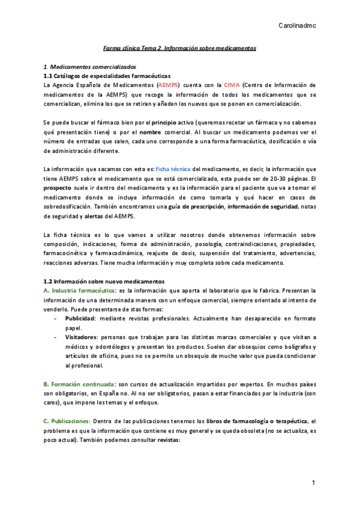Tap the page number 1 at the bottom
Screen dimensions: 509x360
click(313, 483)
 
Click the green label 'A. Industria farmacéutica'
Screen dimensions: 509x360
click(79, 291)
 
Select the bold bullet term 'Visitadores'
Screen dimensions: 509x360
click(83, 337)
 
